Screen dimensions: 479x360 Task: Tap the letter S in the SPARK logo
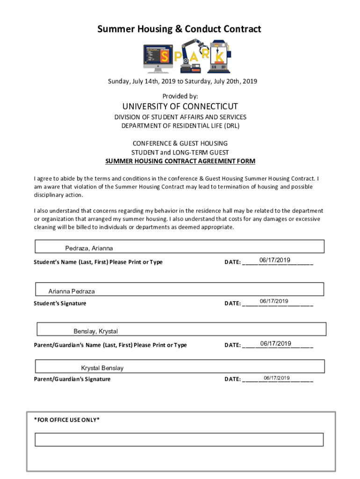165,57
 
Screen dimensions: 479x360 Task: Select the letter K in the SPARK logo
219,56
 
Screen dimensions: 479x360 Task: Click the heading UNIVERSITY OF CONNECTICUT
180,106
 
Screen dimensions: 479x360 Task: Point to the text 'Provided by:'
180,96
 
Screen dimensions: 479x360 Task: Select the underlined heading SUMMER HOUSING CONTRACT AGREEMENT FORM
180,161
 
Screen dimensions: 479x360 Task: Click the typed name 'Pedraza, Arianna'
89,248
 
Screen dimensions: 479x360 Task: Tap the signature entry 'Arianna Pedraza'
72,291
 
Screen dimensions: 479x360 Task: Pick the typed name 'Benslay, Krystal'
95,332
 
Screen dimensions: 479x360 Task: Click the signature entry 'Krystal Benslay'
102,368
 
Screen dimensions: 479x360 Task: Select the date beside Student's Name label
275,260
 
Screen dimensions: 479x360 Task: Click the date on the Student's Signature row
274,301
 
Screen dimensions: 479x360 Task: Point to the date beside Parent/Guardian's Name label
275,344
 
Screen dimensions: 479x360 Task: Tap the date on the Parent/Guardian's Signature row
277,378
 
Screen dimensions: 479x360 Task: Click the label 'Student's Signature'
60,303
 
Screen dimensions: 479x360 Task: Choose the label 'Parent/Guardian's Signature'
72,379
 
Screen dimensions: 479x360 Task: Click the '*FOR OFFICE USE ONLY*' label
67,420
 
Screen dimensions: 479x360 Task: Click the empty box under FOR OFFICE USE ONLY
180,440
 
